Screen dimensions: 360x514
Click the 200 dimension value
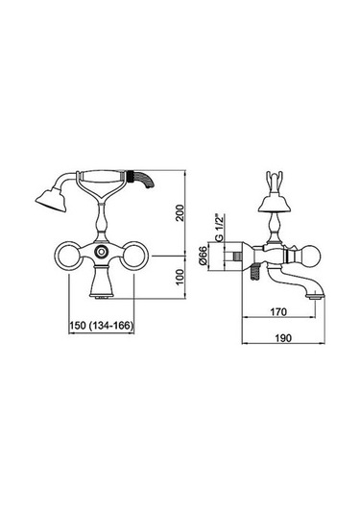coord(180,212)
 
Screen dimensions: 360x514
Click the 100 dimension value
coord(180,278)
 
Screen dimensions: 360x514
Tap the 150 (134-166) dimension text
coord(101,326)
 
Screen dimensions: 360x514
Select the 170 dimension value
coord(278,311)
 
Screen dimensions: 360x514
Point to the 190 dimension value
coord(283,337)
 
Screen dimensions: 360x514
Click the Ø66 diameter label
coord(204,256)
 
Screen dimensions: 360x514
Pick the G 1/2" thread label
coord(220,227)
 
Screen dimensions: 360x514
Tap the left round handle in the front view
coord(67,256)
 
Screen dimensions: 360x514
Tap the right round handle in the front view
coord(134,256)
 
